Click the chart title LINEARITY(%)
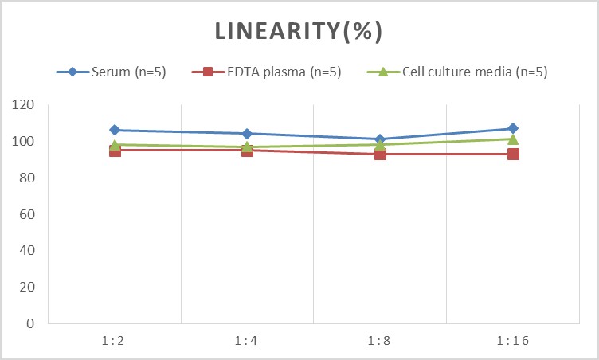pyautogui.click(x=299, y=31)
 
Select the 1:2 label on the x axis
pyautogui.click(x=115, y=340)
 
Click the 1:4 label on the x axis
pyautogui.click(x=247, y=340)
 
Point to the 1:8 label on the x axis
pyautogui.click(x=380, y=340)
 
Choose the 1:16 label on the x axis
pyautogui.click(x=513, y=340)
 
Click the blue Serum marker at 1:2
pyautogui.click(x=115, y=130)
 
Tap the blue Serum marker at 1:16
pyautogui.click(x=513, y=128)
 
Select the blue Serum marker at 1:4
pyautogui.click(x=247, y=134)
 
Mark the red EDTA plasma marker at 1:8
pyautogui.click(x=380, y=154)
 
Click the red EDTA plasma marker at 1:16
pyautogui.click(x=513, y=154)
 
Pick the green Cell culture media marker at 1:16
pyautogui.click(x=513, y=139)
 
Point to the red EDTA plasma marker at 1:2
pyautogui.click(x=115, y=151)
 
